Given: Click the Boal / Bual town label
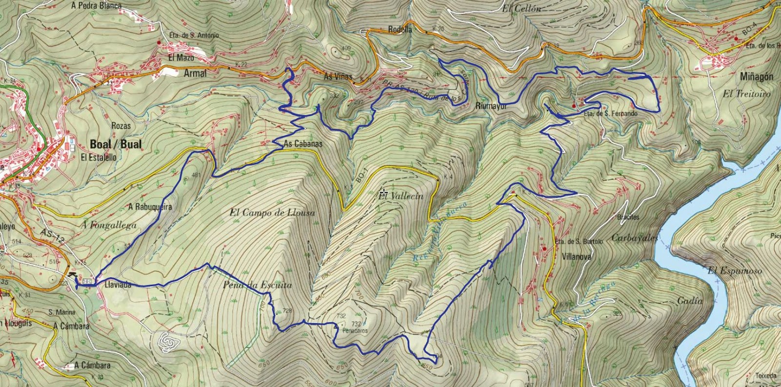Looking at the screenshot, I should (116, 144).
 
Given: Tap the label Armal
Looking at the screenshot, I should (195, 74).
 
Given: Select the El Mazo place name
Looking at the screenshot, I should (181, 58).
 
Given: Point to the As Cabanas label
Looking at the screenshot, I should (303, 144).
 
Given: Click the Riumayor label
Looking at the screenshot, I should (491, 106).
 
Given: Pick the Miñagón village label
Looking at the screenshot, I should (757, 77).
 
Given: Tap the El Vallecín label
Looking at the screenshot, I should (401, 196).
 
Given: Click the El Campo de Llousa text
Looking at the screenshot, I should (272, 213).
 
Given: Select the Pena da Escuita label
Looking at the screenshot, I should (257, 285).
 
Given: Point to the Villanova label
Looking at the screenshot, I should (576, 256).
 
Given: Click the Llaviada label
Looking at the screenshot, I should (118, 285).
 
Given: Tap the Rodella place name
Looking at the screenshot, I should (400, 30).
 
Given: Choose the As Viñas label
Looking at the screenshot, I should (338, 77).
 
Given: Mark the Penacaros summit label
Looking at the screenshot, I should (355, 330).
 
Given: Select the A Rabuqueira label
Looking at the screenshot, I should (150, 207).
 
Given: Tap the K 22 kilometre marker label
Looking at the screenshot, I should (241, 64).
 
